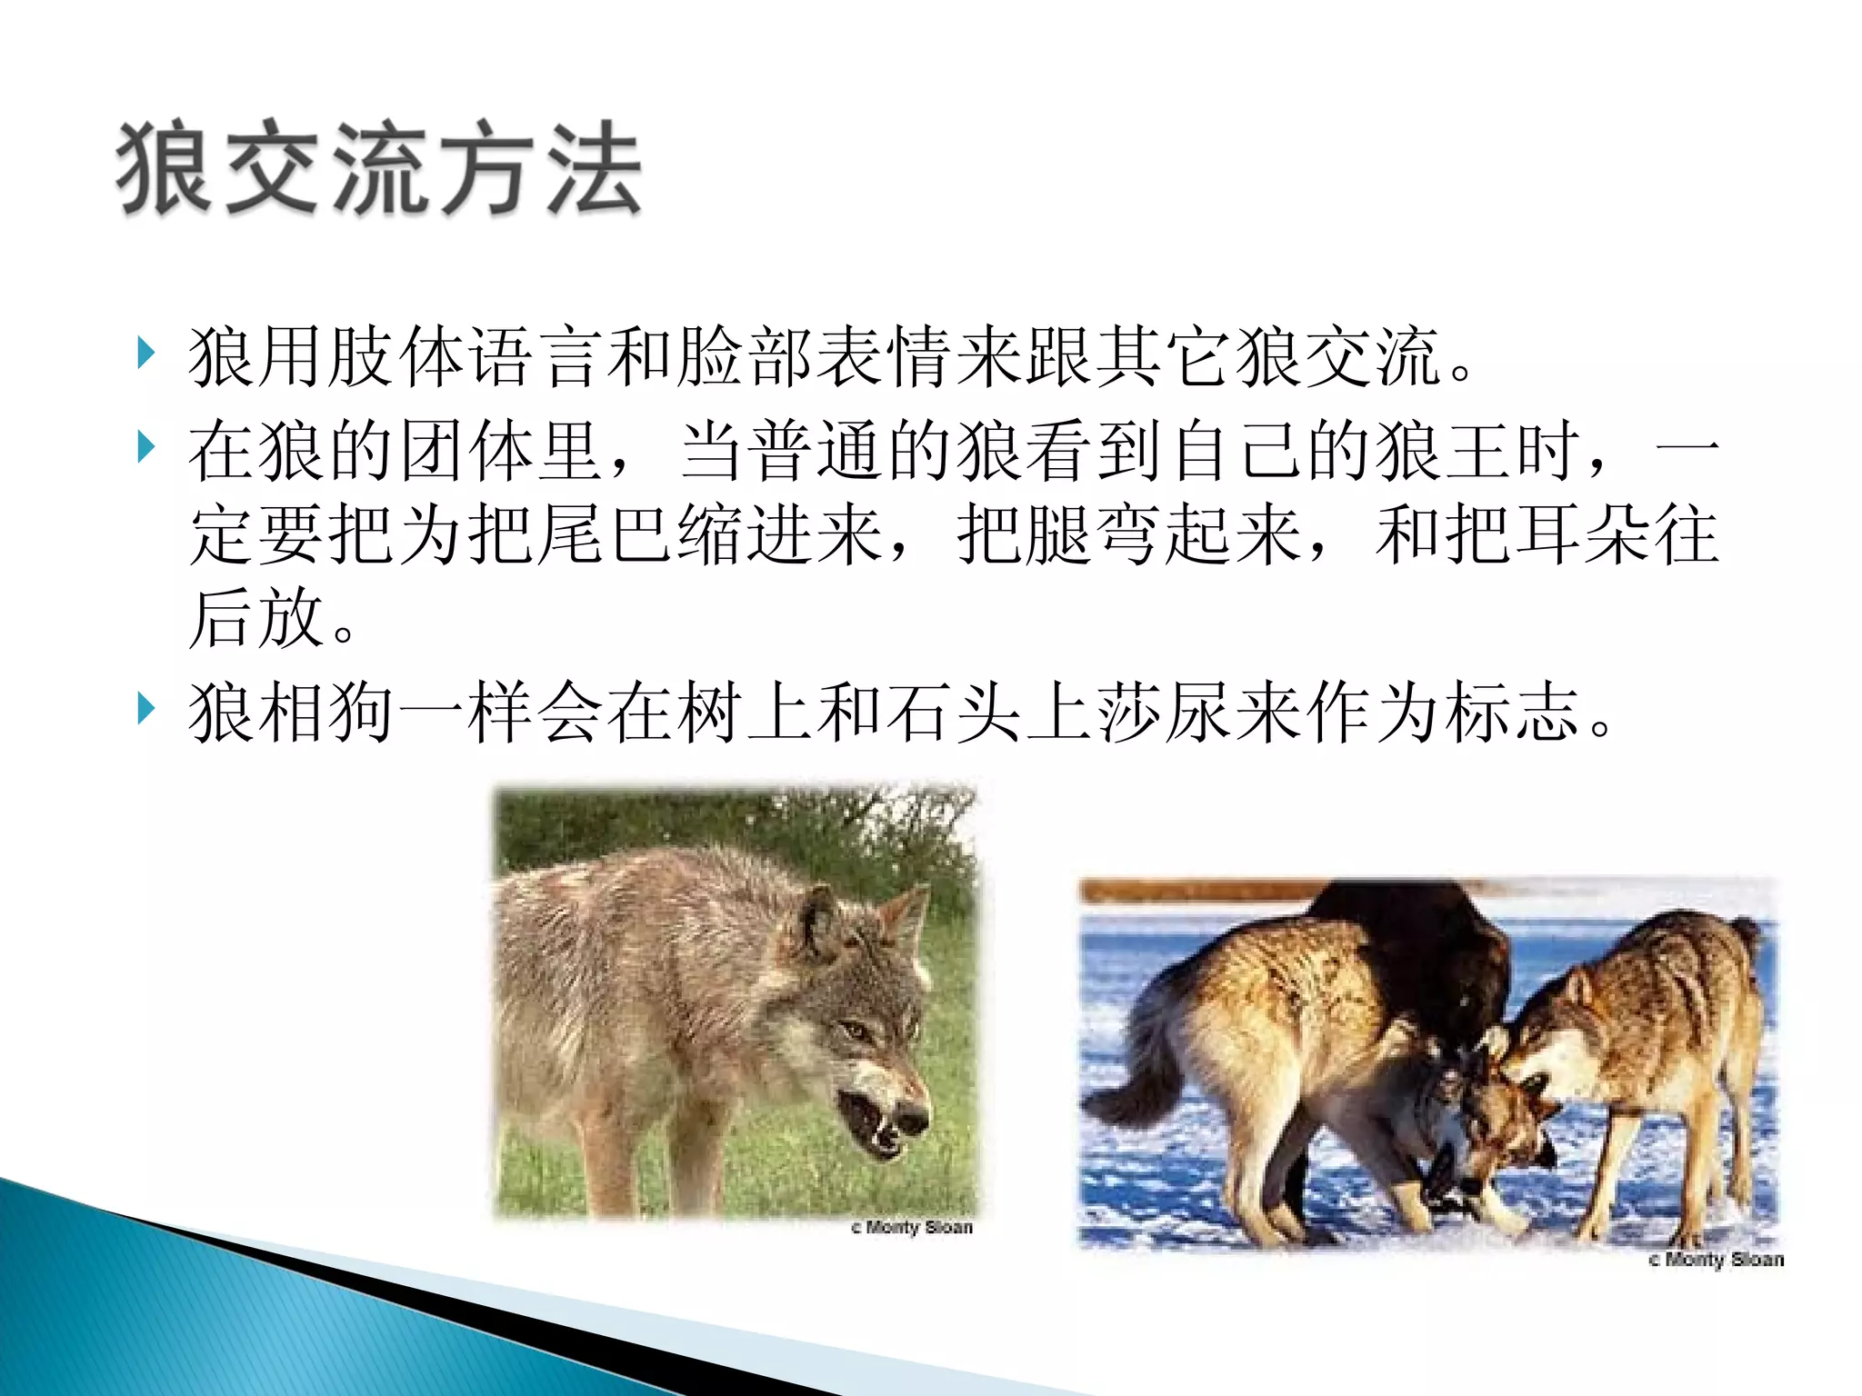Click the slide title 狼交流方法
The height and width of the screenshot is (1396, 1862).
coord(379,170)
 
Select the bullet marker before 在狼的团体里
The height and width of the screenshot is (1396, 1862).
coord(145,446)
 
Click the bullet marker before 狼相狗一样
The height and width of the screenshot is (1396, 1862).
coord(145,708)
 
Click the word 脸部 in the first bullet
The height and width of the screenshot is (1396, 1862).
coord(746,356)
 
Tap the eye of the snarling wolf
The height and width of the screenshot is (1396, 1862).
coord(855,1030)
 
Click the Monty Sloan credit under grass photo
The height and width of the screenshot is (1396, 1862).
coord(912,1228)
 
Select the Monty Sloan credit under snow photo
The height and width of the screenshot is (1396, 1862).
coord(1716,1260)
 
